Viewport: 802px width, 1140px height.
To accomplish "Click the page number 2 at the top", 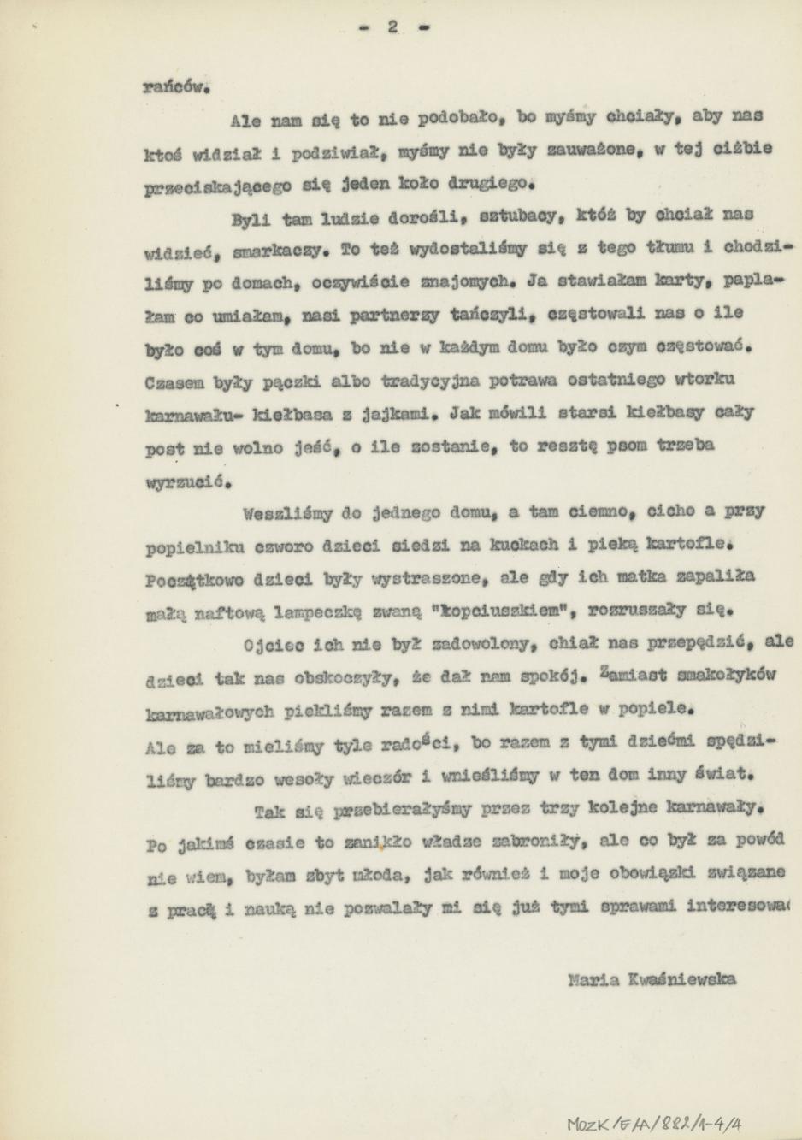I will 393,27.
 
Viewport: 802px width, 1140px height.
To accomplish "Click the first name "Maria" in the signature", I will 594,980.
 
